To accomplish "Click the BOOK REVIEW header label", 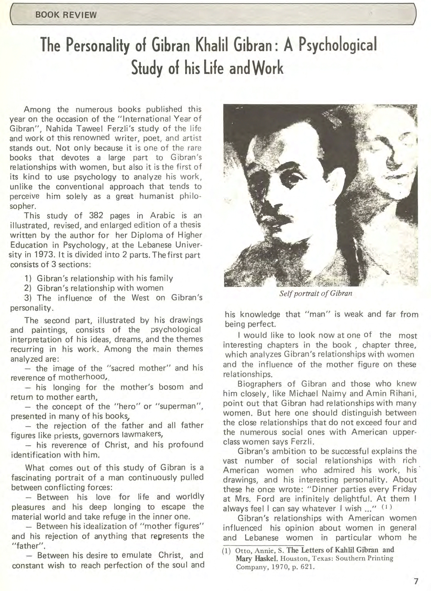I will tap(66, 15).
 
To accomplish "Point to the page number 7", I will tap(416, 581).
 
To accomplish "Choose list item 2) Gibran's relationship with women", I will tap(94, 288).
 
